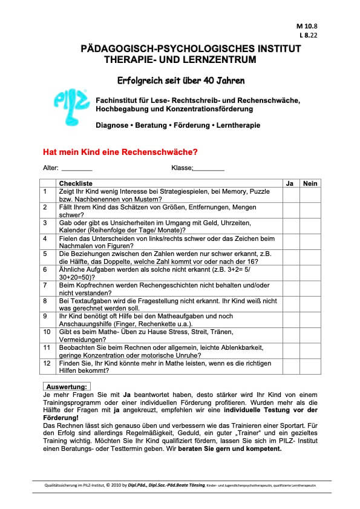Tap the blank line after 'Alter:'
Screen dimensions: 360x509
click(x=77, y=169)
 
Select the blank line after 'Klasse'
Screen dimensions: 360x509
click(x=209, y=169)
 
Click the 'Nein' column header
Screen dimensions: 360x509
click(x=310, y=183)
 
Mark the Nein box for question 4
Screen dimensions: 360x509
click(x=310, y=241)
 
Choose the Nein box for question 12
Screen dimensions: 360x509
click(x=310, y=367)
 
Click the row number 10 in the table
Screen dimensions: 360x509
click(x=47, y=332)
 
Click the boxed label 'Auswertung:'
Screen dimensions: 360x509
click(x=67, y=386)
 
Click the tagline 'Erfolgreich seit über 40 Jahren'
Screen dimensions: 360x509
click(x=180, y=80)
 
